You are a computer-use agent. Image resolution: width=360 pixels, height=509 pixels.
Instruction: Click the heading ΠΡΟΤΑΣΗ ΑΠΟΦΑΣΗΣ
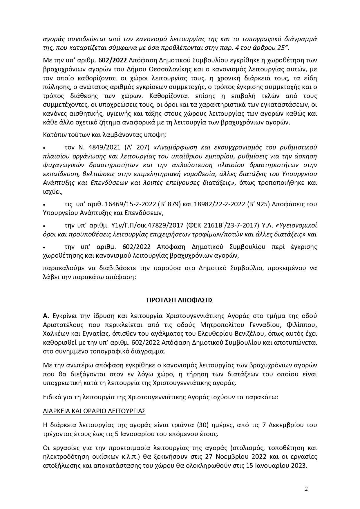[180, 300]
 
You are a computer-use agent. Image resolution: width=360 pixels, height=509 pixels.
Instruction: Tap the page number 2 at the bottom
[306, 489]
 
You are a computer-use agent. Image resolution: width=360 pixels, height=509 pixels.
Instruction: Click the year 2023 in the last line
[299, 465]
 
